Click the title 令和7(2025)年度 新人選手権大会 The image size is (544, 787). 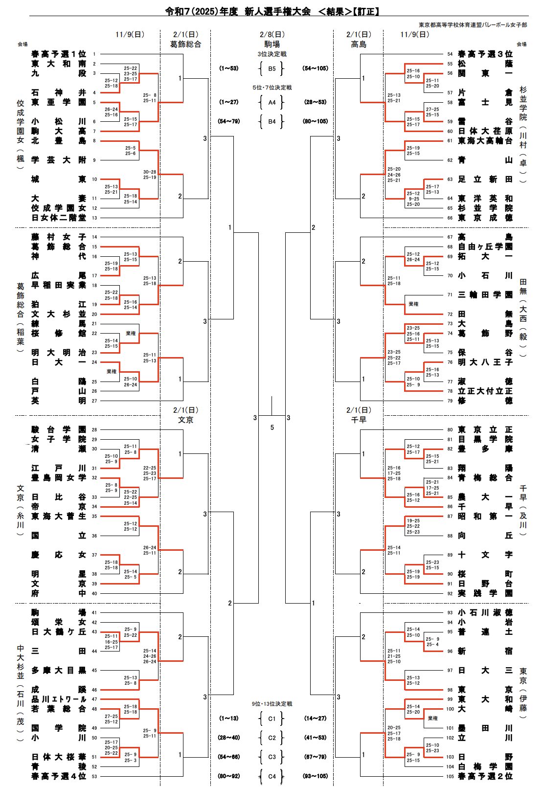pos(238,12)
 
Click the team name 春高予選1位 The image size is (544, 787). pos(59,54)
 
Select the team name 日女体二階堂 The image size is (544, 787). pos(59,218)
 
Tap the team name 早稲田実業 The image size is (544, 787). pos(59,285)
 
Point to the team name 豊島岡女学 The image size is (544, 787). pos(59,478)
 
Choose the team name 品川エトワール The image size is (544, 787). pos(59,699)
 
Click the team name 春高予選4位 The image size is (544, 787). pos(59,776)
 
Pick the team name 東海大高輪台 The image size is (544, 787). pos(485,141)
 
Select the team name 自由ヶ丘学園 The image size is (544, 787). pos(485,247)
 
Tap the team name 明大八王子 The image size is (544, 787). pos(485,362)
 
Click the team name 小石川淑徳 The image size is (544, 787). pos(485,613)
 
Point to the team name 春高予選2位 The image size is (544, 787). pos(485,776)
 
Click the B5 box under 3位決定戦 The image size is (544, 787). pos(272,69)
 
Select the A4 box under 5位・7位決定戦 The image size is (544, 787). pos(272,103)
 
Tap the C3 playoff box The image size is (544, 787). pos(272,757)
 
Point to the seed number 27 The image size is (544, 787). pos(94,401)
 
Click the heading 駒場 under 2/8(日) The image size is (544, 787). pos(272,44)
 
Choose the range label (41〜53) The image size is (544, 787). pos(315,738)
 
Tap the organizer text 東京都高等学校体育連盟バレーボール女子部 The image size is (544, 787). pos(473,25)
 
